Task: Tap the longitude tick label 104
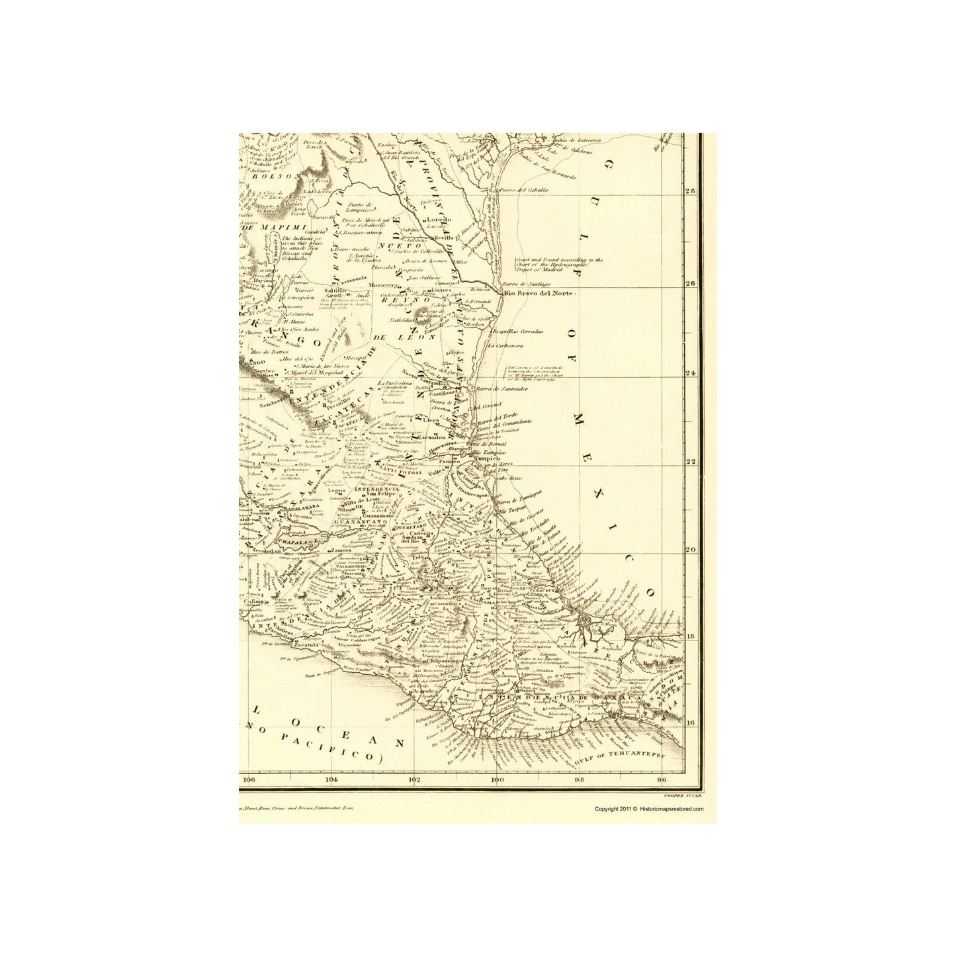[332, 779]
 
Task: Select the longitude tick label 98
[580, 779]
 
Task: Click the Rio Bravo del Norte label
[540, 294]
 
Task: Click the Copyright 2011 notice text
[648, 808]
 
